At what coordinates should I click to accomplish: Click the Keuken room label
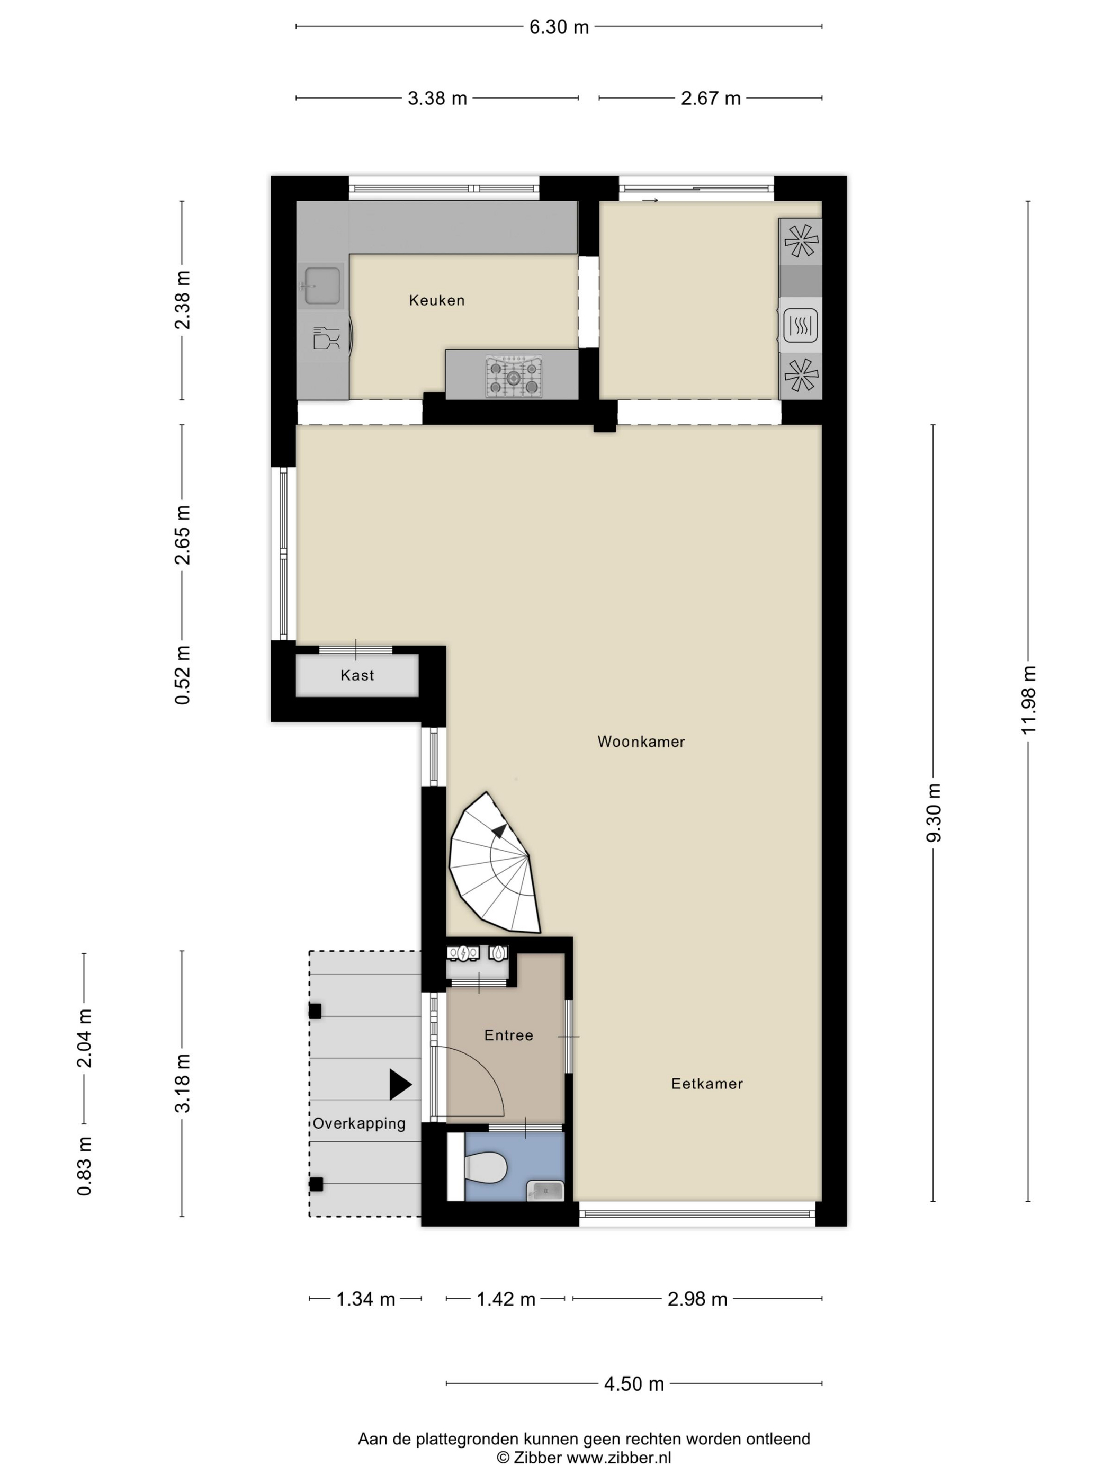pyautogui.click(x=436, y=300)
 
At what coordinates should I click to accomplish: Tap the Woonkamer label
pyautogui.click(x=641, y=742)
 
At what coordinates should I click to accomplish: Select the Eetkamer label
pyautogui.click(x=707, y=1084)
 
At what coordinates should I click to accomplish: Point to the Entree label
pyautogui.click(x=509, y=1035)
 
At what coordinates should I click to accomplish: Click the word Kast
pyautogui.click(x=357, y=675)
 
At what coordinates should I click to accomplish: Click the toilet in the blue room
pyautogui.click(x=484, y=1168)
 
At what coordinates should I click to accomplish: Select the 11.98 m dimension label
pyautogui.click(x=1028, y=700)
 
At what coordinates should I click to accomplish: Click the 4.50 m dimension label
pyautogui.click(x=634, y=1384)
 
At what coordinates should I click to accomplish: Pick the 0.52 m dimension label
pyautogui.click(x=182, y=675)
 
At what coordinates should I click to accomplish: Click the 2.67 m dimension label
pyautogui.click(x=711, y=99)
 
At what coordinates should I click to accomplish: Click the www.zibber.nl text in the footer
pyautogui.click(x=618, y=1458)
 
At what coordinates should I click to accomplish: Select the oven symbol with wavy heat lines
pyautogui.click(x=800, y=326)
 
